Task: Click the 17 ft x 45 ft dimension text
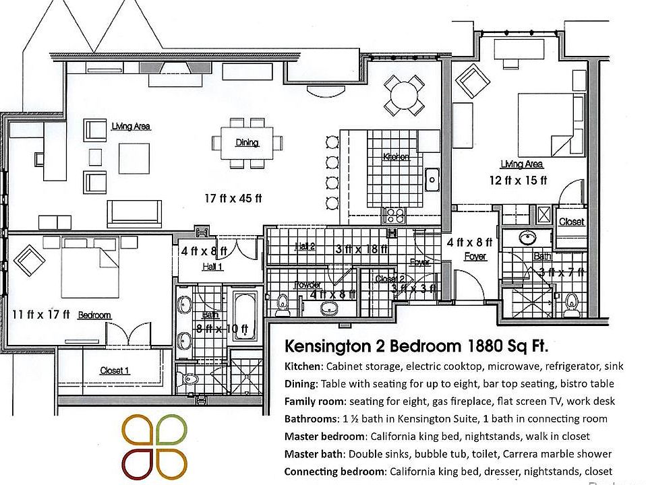[x=233, y=198]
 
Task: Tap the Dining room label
[x=247, y=142]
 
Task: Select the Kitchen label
[x=396, y=156]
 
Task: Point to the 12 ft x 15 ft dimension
[x=518, y=180]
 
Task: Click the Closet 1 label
[x=115, y=370]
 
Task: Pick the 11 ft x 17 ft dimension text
[x=41, y=314]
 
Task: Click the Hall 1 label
[x=212, y=267]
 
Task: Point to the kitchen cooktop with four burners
[x=394, y=216]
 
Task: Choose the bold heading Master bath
[x=314, y=453]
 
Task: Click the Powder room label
[x=307, y=285]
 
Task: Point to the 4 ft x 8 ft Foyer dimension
[x=469, y=242]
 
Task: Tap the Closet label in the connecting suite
[x=571, y=222]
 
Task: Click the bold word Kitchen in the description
[x=303, y=366]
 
